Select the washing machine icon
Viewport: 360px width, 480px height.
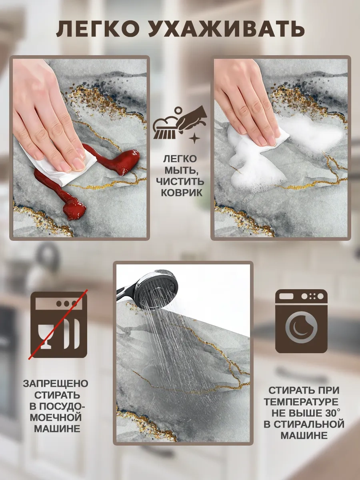(x=301, y=321)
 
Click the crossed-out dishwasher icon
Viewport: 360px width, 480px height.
(x=59, y=325)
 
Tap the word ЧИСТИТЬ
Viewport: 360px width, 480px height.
(x=180, y=182)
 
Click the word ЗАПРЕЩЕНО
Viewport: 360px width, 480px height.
(x=56, y=384)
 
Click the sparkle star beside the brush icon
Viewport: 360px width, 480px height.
(x=195, y=139)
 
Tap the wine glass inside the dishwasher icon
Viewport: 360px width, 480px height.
(x=46, y=335)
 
